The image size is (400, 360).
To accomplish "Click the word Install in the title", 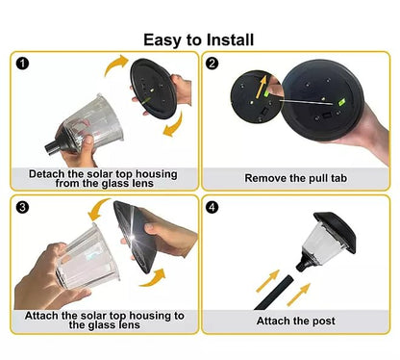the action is click(230, 40).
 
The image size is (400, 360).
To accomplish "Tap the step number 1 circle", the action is click(22, 64).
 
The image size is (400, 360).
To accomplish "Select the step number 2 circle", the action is click(212, 64).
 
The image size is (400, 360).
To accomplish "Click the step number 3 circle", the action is click(22, 207).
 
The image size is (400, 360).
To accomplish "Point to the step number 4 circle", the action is click(212, 207).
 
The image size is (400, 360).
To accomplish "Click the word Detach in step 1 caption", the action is click(46, 174).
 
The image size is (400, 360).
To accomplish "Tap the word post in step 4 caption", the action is click(323, 321).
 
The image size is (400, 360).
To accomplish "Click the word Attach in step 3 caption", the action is click(41, 316).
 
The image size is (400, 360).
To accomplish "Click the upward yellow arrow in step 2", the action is click(262, 86).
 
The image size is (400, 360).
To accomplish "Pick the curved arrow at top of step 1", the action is click(116, 64).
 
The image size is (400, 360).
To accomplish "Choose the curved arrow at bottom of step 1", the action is click(174, 125).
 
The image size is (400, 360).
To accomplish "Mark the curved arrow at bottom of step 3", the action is click(154, 279).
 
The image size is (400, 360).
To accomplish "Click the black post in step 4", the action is click(273, 293).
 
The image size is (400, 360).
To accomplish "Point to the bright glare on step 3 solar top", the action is click(132, 237).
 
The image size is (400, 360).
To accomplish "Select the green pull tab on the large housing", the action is click(342, 102).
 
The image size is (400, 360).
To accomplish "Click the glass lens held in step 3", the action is click(87, 256).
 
